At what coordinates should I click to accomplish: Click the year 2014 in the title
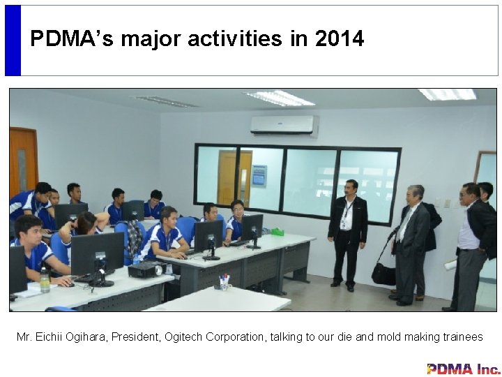coord(339,39)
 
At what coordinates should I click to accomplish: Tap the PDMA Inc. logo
coord(463,369)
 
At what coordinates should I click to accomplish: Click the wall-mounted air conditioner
coord(283,125)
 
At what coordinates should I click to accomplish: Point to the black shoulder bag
coord(383,273)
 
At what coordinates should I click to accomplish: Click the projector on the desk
coord(145,269)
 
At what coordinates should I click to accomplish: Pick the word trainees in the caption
coord(462,337)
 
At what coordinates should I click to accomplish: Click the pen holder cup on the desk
coord(224,282)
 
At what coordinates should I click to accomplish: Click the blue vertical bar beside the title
coord(13,40)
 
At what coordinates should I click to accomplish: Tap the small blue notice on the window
coord(259,175)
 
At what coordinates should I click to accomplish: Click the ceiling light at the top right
coord(447,94)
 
